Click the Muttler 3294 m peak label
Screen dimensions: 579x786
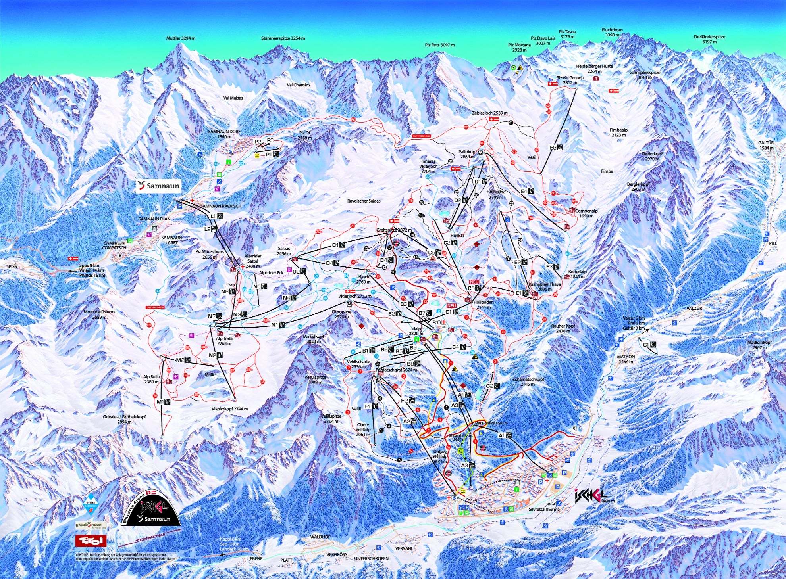(x=181, y=38)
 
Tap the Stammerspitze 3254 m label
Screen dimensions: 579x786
(x=283, y=38)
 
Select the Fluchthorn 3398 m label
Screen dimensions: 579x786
(x=612, y=32)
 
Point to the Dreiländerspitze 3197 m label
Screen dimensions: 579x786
(x=709, y=39)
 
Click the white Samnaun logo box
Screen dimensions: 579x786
(x=158, y=186)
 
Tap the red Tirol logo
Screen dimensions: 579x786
(x=91, y=541)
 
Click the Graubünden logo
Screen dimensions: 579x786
(x=89, y=525)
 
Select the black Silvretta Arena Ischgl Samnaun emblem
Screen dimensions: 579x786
(x=151, y=509)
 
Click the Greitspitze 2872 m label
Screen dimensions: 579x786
(x=394, y=230)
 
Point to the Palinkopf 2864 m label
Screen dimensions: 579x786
(x=467, y=154)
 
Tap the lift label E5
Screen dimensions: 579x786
(x=553, y=148)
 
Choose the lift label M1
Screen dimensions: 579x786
(x=160, y=402)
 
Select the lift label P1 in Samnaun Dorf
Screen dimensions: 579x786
(x=269, y=154)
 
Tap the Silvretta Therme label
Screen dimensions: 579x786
(x=544, y=509)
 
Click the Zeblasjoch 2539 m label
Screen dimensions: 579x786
(x=489, y=113)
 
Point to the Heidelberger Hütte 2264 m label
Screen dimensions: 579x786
(x=594, y=69)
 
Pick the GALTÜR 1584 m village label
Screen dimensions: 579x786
(x=766, y=145)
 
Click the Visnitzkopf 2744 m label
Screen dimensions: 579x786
(x=229, y=409)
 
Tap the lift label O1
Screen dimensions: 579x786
(x=335, y=245)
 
